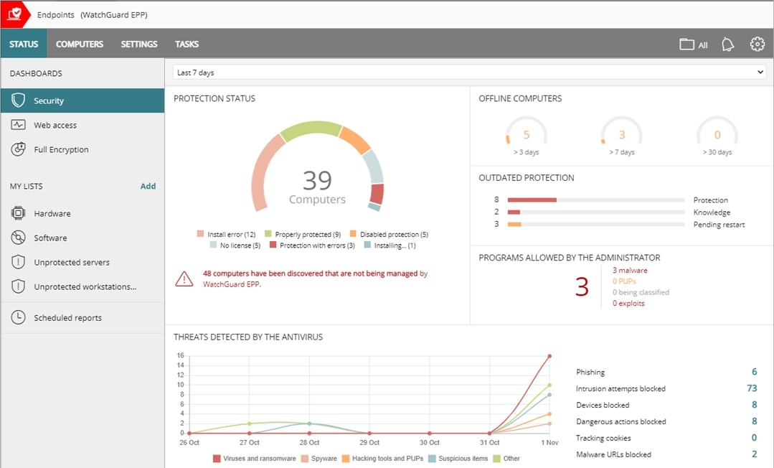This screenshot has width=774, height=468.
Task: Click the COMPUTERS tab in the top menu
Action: coord(80,45)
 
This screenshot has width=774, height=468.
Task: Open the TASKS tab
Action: coord(187,45)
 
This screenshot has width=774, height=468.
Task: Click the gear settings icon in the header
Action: coord(757,45)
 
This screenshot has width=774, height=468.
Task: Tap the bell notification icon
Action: coord(727,45)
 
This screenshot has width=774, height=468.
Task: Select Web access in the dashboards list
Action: coord(55,126)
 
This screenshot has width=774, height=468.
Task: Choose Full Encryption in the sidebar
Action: coord(61,150)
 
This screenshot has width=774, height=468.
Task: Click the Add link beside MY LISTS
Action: coord(148,186)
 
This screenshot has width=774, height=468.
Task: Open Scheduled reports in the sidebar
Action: coord(67,318)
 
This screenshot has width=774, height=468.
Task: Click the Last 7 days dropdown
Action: coord(469,72)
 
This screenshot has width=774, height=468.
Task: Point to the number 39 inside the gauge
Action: coord(317,180)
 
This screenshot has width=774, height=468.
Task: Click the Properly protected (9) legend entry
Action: coord(303,235)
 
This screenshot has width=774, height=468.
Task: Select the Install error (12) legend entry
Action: coord(227,235)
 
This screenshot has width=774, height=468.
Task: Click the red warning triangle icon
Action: coord(184,279)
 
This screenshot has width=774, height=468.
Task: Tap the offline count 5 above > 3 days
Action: coord(527,135)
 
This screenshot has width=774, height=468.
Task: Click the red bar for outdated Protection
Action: coord(532,200)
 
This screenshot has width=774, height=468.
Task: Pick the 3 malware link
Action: coord(630,271)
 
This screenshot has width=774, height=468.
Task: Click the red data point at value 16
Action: coord(549,356)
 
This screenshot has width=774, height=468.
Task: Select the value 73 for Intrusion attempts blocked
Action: coord(752,388)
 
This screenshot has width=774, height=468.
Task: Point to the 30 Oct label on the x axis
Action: coord(429,443)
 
